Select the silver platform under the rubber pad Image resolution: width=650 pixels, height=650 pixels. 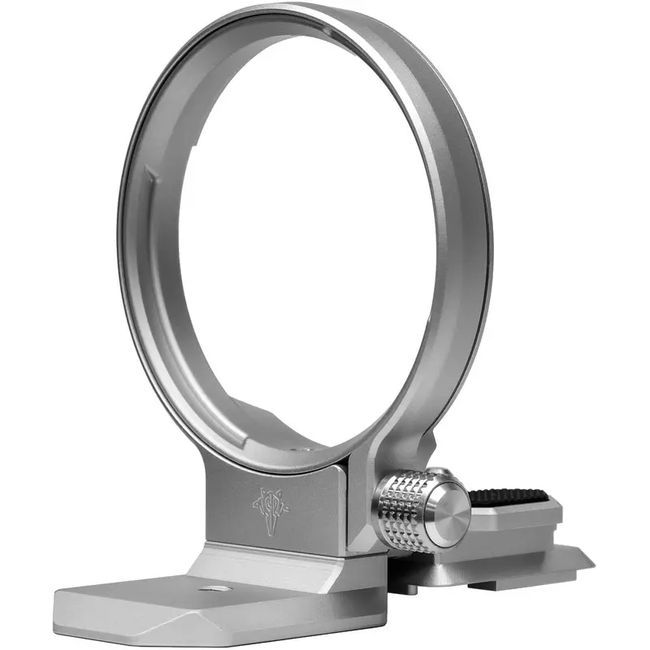520,520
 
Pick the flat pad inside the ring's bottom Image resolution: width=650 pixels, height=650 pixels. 268,431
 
